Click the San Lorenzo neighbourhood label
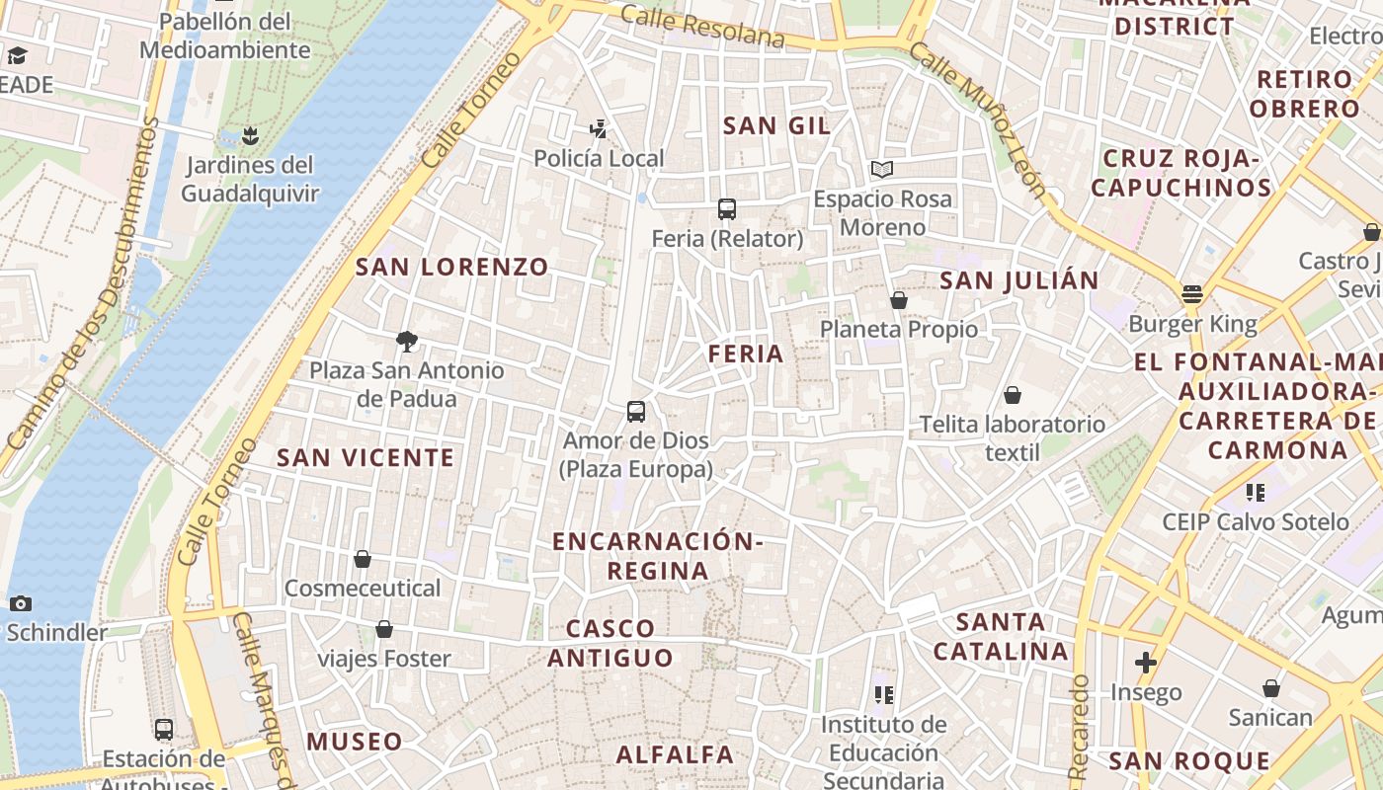[451, 267]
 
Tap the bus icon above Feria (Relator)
[727, 208]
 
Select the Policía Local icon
[598, 128]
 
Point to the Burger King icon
[1192, 293]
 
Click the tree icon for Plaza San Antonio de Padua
[406, 342]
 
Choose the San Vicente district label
[366, 457]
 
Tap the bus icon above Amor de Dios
[636, 411]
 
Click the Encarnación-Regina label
[658, 556]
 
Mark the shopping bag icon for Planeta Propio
[899, 299]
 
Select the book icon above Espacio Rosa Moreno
[882, 169]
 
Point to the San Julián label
[1019, 280]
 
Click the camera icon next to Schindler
[20, 603]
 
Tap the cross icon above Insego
[1146, 663]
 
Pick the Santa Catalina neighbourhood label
[1002, 637]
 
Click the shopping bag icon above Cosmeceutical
[363, 559]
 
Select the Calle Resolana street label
[703, 28]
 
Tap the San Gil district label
[776, 125]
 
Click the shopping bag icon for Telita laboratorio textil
[1013, 395]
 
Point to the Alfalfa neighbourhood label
[675, 755]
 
